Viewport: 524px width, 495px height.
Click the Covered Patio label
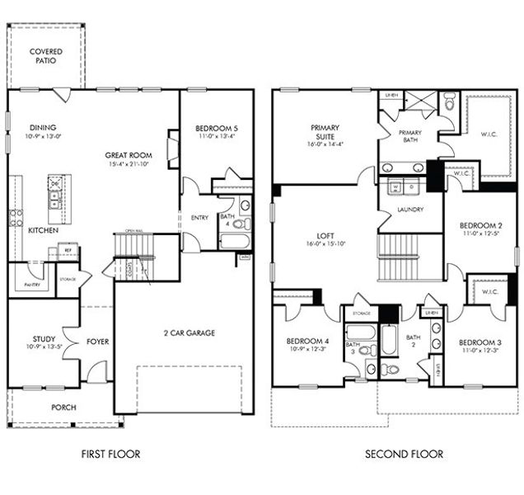[46, 56]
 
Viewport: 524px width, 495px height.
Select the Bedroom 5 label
[217, 129]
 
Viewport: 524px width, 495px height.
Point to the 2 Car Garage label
[189, 333]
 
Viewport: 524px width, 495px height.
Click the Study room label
[44, 338]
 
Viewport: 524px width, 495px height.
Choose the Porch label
[63, 406]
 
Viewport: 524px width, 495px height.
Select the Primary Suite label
[325, 133]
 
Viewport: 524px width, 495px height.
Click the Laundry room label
[409, 210]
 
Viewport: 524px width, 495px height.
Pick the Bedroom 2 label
[481, 224]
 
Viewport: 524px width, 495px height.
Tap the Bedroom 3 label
[480, 342]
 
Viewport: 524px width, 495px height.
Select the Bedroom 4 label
[308, 342]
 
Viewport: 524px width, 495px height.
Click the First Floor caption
[110, 454]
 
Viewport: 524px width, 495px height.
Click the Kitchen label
[43, 231]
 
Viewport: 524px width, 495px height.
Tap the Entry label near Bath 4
[200, 217]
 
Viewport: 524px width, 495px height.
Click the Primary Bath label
[410, 137]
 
